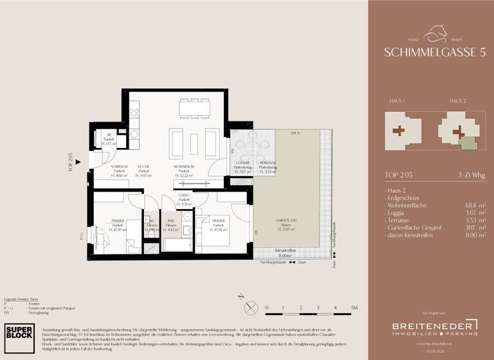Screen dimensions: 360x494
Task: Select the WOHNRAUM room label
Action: [x=184, y=166]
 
